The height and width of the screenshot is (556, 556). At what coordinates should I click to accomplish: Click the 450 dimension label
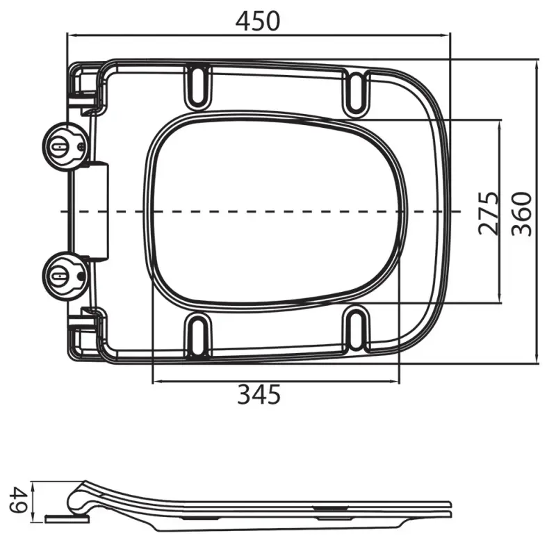click(x=258, y=21)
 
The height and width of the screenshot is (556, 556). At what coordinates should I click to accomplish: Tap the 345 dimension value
click(x=259, y=394)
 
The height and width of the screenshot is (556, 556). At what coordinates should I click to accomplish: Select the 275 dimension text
click(x=489, y=213)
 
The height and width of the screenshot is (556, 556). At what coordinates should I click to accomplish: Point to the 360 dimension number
click(x=522, y=214)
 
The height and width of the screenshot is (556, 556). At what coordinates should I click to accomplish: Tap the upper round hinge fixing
click(x=64, y=146)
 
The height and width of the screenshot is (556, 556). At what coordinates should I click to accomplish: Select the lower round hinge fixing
click(x=64, y=276)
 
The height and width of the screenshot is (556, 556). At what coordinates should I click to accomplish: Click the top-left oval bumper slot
click(x=198, y=85)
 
